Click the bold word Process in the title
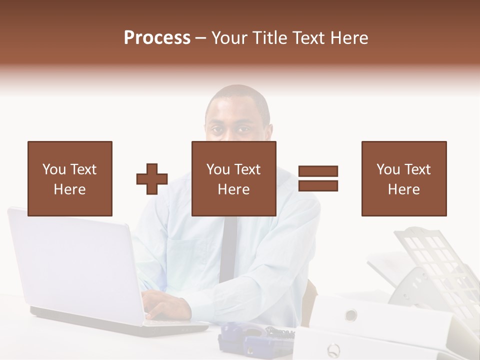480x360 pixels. pyautogui.click(x=157, y=38)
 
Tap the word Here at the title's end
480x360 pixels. pyautogui.click(x=348, y=38)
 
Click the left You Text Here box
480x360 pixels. pyautogui.click(x=69, y=178)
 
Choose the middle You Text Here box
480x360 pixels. pyautogui.click(x=233, y=178)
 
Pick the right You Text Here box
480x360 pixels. pyautogui.click(x=403, y=178)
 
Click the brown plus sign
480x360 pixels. pyautogui.click(x=152, y=178)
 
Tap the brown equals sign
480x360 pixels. pyautogui.click(x=318, y=178)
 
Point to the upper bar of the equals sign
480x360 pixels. pyautogui.click(x=318, y=171)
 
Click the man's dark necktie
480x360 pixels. pyautogui.click(x=228, y=250)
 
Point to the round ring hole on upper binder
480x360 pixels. pyautogui.click(x=351, y=314)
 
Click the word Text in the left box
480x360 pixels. pyautogui.click(x=82, y=169)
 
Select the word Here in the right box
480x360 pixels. pyautogui.click(x=403, y=189)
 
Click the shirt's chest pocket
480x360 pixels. pyautogui.click(x=187, y=255)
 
